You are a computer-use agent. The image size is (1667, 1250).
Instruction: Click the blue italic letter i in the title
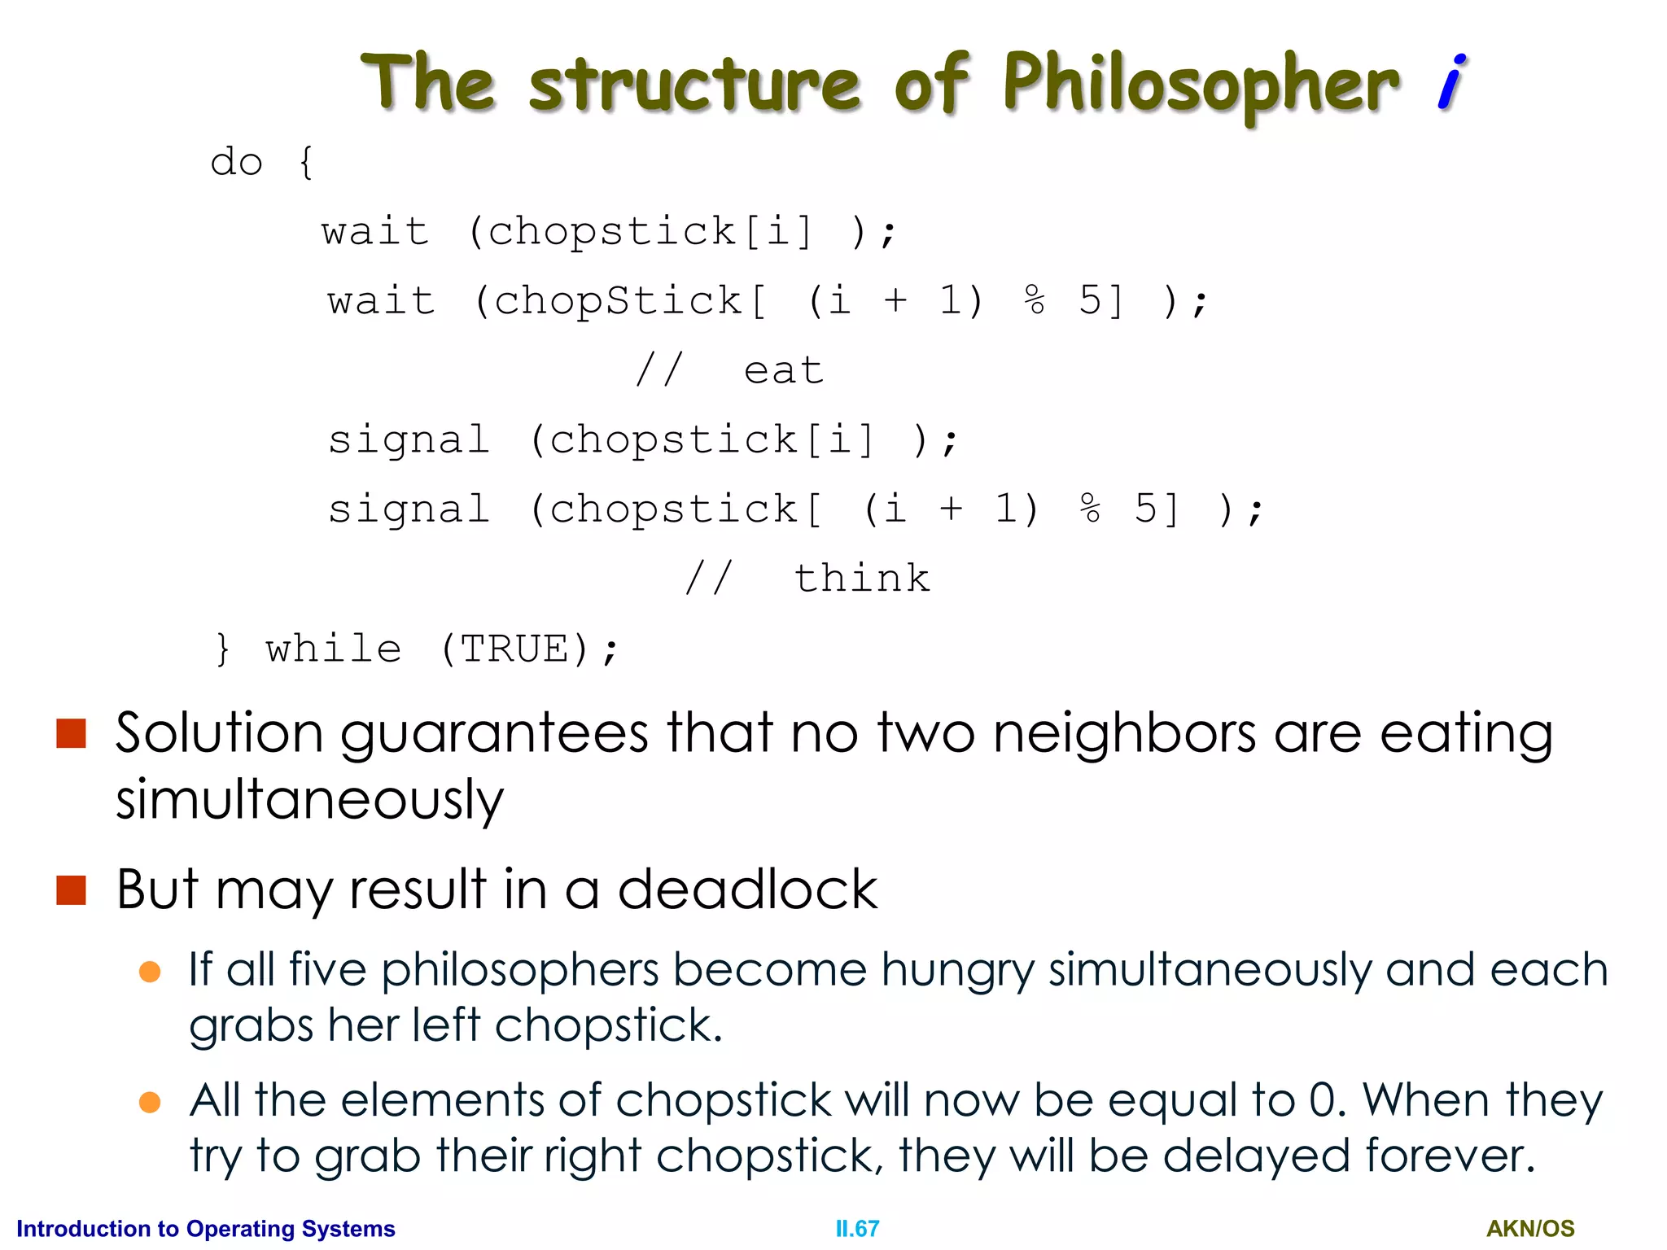point(1451,82)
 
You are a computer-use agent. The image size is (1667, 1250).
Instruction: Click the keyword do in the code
point(236,162)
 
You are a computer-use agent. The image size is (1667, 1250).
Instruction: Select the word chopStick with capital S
point(619,301)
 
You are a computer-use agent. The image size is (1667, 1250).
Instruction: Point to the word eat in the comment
point(784,371)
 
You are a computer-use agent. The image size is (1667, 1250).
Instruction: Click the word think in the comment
point(862,579)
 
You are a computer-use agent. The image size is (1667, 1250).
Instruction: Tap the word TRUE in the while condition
point(514,649)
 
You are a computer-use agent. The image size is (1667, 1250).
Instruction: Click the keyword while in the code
point(334,649)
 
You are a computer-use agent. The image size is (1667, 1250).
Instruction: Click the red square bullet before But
point(72,889)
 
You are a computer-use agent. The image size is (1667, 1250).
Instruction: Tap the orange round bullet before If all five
point(150,972)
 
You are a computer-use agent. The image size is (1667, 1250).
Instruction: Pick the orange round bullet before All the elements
point(150,1102)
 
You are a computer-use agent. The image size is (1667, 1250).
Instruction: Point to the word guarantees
point(494,734)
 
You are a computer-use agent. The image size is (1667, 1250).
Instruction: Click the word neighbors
point(1124,734)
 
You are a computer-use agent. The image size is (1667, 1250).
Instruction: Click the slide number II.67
point(857,1229)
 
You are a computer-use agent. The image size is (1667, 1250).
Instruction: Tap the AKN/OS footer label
point(1530,1229)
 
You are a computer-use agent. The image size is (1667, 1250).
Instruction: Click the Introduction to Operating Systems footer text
point(206,1229)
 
